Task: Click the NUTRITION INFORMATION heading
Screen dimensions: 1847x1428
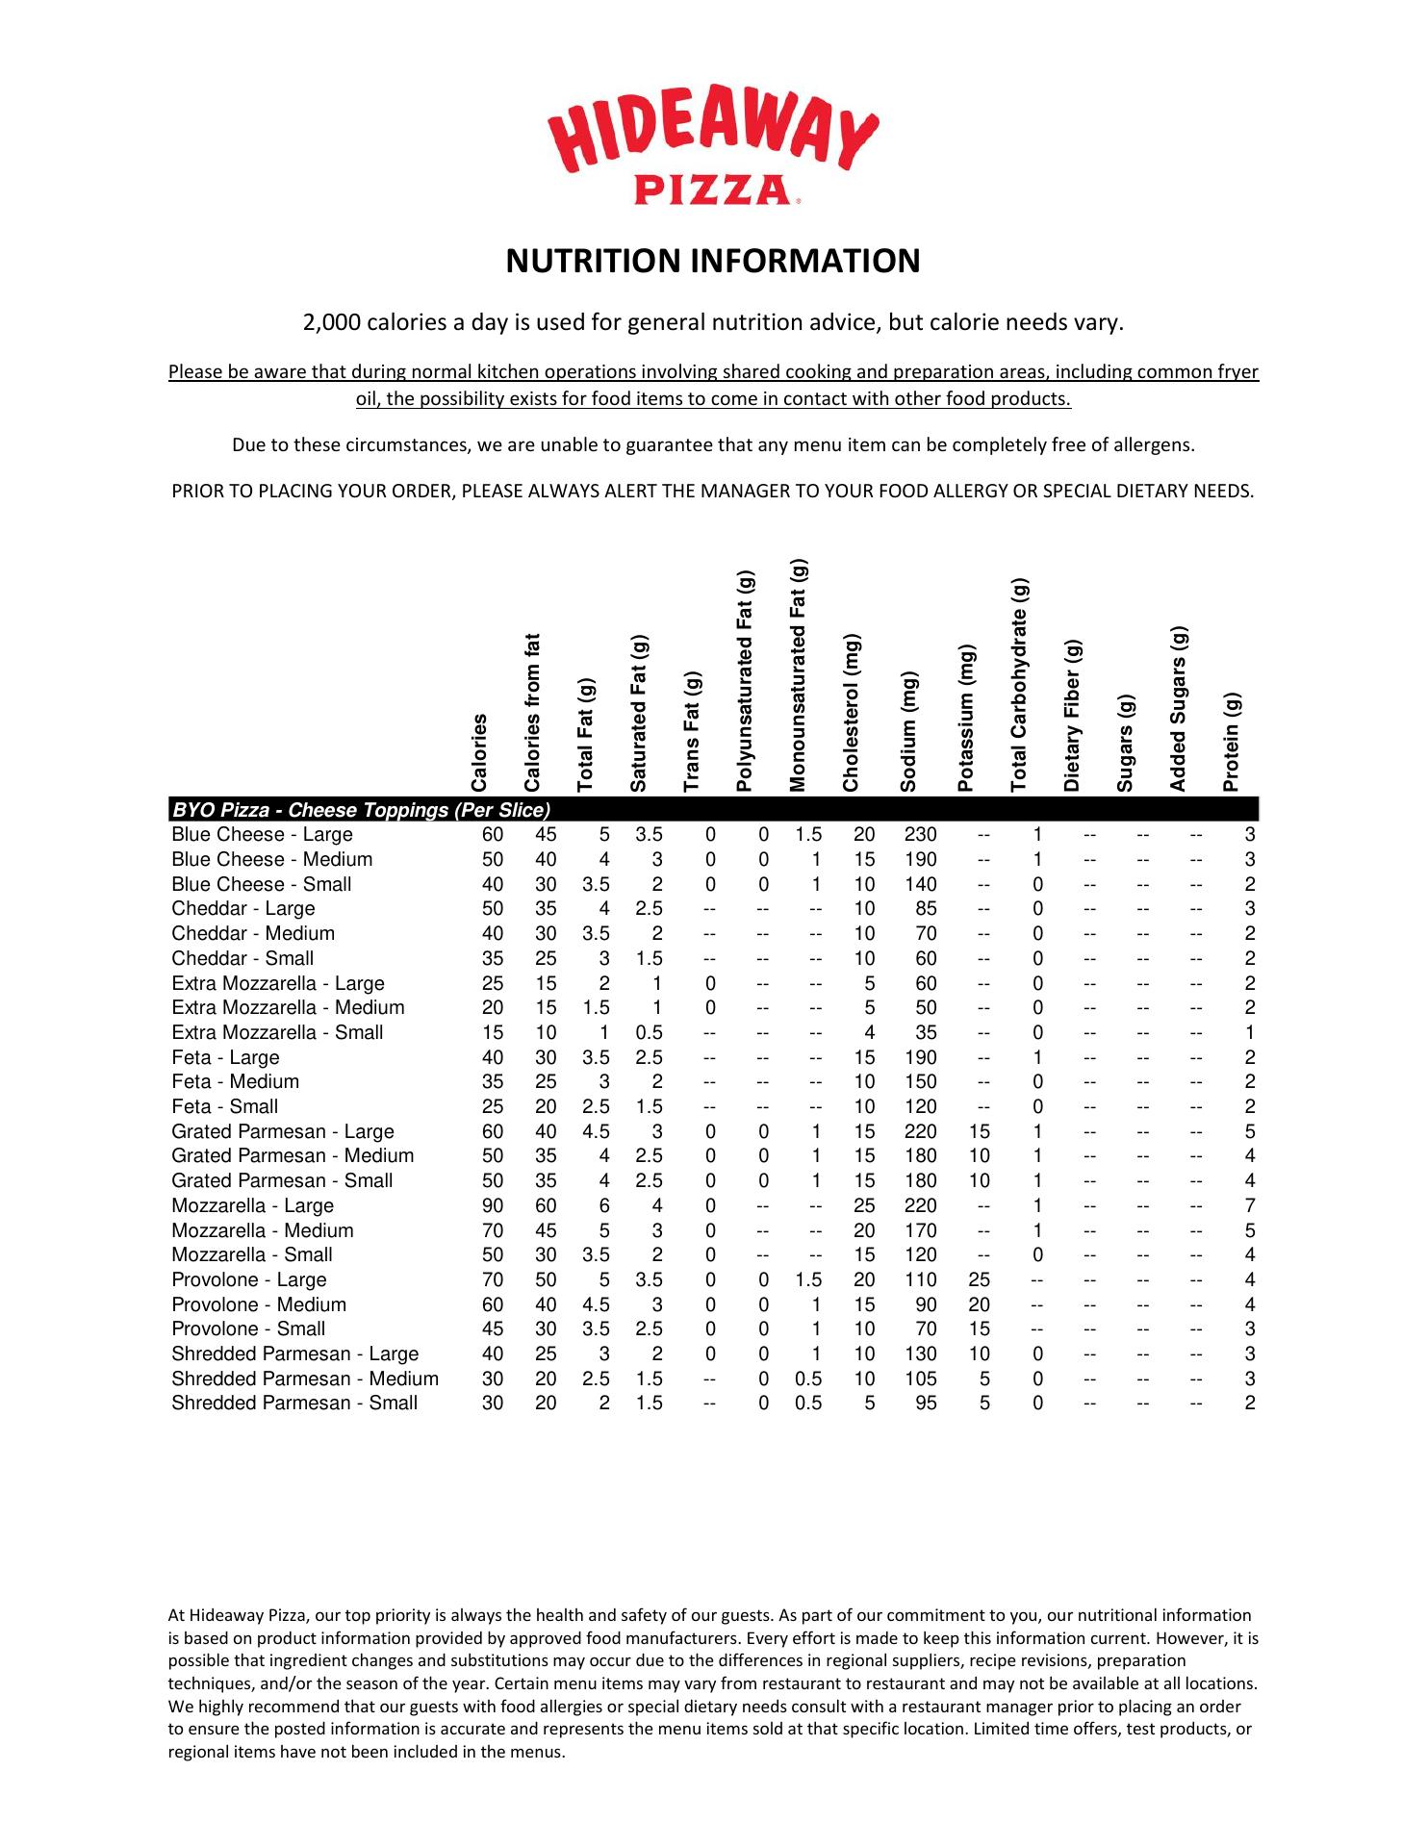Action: (713, 262)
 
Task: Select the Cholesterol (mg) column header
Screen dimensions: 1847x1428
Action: (851, 713)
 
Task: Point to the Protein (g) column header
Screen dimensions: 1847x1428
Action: (1232, 742)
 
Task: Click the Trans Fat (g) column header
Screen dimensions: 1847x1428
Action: (692, 732)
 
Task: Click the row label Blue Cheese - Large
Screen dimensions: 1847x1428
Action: (262, 835)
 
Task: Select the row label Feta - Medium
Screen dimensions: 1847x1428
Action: (235, 1082)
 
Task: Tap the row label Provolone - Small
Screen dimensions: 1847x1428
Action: (248, 1329)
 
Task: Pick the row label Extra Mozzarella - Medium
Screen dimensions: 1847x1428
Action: (288, 1008)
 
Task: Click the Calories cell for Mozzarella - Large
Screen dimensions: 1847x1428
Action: (493, 1206)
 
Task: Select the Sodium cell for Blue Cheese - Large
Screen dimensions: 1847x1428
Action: (921, 835)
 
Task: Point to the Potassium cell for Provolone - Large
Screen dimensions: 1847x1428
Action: (980, 1280)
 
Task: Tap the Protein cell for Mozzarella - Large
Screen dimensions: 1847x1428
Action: (1250, 1206)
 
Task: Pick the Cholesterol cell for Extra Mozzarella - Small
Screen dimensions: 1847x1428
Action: (869, 1033)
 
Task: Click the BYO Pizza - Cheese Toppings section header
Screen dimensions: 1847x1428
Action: (361, 810)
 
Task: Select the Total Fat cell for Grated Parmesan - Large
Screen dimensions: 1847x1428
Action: (597, 1132)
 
